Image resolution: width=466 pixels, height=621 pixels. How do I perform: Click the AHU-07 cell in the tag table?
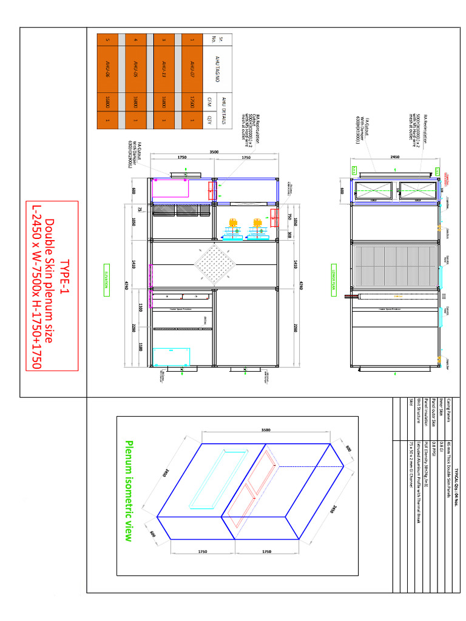coord(192,65)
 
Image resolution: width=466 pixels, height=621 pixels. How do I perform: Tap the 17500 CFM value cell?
coord(192,101)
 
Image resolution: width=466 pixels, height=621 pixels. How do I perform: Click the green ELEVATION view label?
coord(106,280)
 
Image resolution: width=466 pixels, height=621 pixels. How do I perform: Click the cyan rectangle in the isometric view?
coord(208,478)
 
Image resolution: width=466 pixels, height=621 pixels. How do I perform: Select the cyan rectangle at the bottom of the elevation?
coord(172,357)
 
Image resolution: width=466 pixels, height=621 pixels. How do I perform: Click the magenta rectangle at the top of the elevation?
coord(171,189)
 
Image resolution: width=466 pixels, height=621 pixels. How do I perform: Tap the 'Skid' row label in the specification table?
coord(410,405)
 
